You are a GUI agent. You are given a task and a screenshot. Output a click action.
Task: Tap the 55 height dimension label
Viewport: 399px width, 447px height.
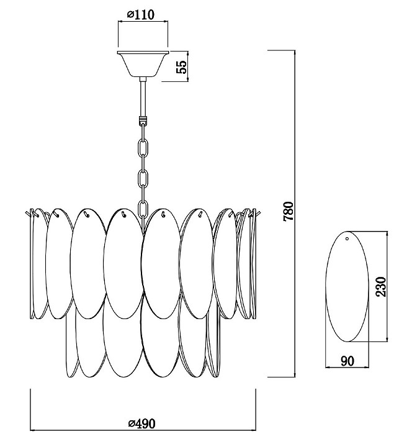pos(182,66)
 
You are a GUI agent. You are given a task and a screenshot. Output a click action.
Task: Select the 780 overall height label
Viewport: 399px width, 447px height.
pos(287,212)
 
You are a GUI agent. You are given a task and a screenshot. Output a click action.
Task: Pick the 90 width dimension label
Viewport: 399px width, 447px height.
pos(347,361)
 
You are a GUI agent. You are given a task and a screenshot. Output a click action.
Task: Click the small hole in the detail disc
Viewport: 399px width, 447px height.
pos(347,238)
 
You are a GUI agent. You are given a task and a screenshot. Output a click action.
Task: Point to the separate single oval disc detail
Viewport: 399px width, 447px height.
pos(347,286)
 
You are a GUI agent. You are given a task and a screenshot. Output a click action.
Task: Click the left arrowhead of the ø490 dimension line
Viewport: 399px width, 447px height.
pos(32,430)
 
